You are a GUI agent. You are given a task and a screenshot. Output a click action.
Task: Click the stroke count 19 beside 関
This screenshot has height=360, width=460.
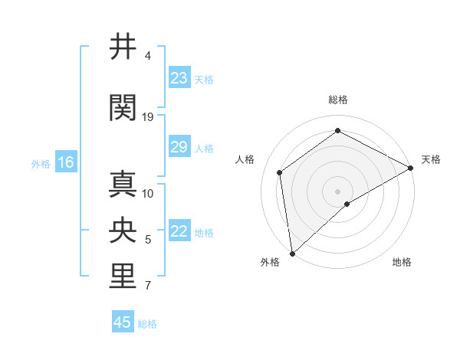(x=148, y=116)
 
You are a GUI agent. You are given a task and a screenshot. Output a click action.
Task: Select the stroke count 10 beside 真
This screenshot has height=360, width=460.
(x=148, y=193)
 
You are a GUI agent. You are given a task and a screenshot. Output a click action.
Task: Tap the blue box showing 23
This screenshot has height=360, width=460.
(x=179, y=78)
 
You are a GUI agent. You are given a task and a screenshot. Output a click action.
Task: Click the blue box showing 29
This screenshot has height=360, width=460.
(x=179, y=147)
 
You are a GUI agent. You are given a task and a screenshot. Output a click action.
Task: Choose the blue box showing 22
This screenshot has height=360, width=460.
(x=179, y=232)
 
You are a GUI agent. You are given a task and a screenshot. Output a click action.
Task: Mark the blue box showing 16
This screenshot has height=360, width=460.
(x=65, y=162)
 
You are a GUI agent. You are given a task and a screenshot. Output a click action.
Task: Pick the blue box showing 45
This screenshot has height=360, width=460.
(x=123, y=322)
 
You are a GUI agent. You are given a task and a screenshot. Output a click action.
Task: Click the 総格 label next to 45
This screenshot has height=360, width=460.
(x=147, y=324)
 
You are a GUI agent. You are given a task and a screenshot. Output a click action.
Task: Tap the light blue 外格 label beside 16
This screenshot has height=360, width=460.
(x=41, y=163)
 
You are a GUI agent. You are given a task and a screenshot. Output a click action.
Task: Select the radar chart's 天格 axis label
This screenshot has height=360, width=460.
(x=431, y=159)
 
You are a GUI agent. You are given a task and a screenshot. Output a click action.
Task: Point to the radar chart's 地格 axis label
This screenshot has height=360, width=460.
(x=402, y=262)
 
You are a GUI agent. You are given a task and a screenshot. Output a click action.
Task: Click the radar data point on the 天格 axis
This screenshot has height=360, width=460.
(x=411, y=168)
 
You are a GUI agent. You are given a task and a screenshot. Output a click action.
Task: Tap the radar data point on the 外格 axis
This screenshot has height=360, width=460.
(x=292, y=253)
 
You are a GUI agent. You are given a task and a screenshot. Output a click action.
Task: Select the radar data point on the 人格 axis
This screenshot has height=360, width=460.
(x=280, y=172)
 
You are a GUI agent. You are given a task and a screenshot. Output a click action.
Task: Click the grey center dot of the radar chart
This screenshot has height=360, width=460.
(x=337, y=191)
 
